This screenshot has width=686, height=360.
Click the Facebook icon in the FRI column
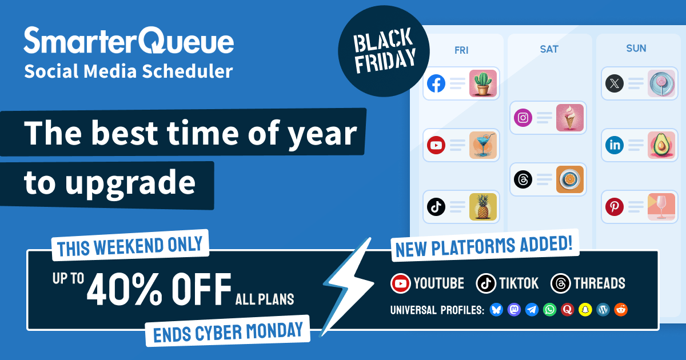click(x=436, y=83)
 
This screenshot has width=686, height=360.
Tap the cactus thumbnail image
click(x=483, y=83)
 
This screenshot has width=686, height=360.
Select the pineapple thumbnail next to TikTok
click(x=483, y=207)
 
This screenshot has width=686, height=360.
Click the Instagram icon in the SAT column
click(x=523, y=118)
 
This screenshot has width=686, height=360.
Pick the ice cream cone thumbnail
click(x=570, y=118)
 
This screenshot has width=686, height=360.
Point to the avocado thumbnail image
click(x=661, y=145)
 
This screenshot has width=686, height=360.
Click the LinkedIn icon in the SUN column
click(x=615, y=145)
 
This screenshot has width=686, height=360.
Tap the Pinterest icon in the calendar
click(x=615, y=207)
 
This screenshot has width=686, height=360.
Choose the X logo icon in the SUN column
click(x=615, y=83)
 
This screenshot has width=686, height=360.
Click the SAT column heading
click(x=549, y=49)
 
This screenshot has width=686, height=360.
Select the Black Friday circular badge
click(x=384, y=51)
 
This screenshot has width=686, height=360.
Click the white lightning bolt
click(x=349, y=286)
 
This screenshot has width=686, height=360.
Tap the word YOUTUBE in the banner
click(x=439, y=283)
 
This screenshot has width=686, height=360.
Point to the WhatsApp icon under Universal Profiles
click(x=550, y=310)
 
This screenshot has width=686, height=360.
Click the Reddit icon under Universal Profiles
click(x=621, y=310)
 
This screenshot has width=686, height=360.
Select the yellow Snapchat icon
click(x=585, y=310)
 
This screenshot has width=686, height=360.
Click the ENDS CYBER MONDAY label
click(x=228, y=331)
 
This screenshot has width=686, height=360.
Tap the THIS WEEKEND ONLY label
click(x=130, y=246)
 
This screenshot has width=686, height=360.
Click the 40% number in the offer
click(x=125, y=289)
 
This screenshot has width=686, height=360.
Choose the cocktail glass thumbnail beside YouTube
click(x=483, y=145)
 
